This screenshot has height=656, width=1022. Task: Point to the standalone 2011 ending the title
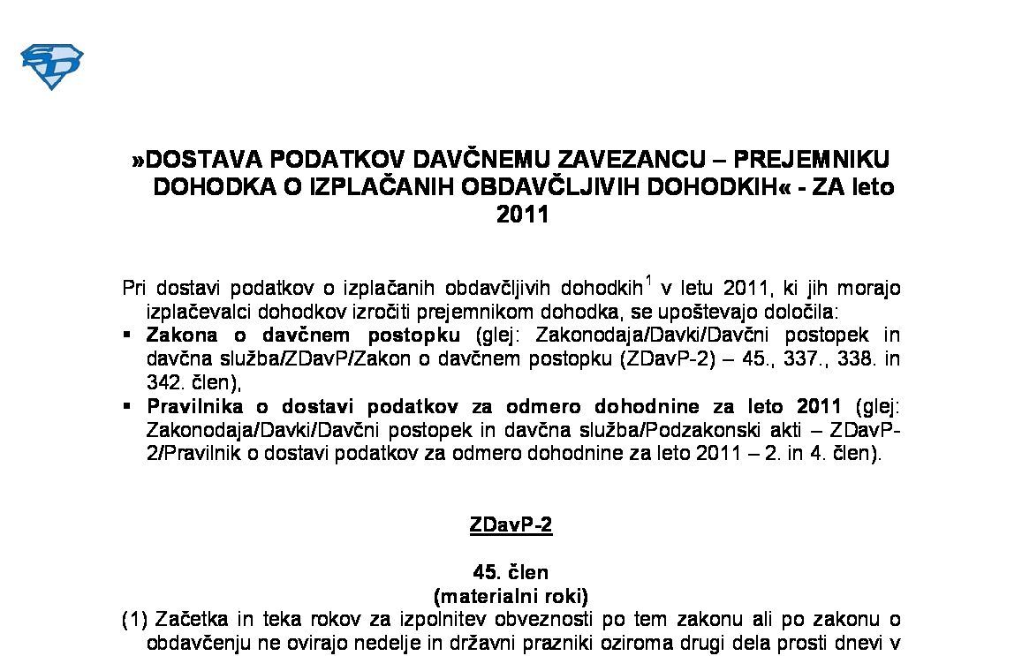(x=522, y=215)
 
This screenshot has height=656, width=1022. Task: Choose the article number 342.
(x=162, y=383)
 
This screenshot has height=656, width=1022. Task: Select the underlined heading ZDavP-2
(x=511, y=525)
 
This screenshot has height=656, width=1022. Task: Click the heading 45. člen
(x=511, y=572)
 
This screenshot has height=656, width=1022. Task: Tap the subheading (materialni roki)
(x=511, y=595)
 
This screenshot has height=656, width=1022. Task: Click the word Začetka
(x=188, y=619)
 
